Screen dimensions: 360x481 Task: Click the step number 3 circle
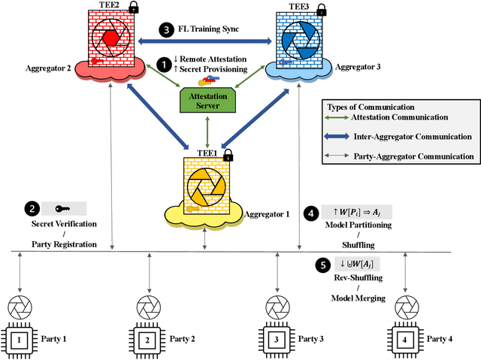(166, 29)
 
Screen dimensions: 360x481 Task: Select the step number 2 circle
(32, 209)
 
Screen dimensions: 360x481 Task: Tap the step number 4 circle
(310, 213)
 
